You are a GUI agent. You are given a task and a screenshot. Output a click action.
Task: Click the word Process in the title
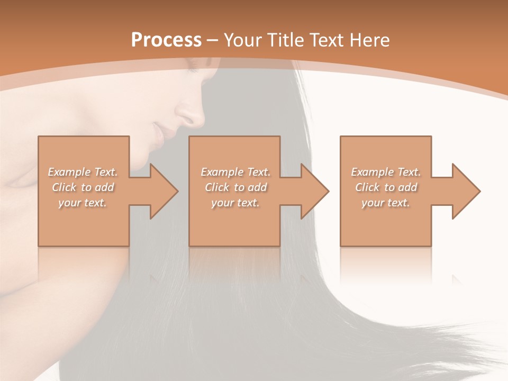pyautogui.click(x=166, y=40)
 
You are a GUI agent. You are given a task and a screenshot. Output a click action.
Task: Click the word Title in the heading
pyautogui.click(x=284, y=40)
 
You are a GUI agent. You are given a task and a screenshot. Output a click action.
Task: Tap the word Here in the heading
pyautogui.click(x=370, y=40)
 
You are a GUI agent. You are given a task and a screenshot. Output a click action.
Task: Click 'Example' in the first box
pyautogui.click(x=68, y=172)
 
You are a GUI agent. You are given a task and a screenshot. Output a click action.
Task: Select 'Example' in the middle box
pyautogui.click(x=221, y=172)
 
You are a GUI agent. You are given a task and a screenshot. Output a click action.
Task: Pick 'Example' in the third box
pyautogui.click(x=371, y=172)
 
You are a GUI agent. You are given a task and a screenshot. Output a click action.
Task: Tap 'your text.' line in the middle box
pyautogui.click(x=235, y=203)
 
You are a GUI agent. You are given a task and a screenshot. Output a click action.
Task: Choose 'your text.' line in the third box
pyautogui.click(x=385, y=203)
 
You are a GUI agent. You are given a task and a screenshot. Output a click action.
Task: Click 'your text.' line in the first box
pyautogui.click(x=83, y=203)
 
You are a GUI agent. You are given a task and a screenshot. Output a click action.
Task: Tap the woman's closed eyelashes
pyautogui.click(x=193, y=69)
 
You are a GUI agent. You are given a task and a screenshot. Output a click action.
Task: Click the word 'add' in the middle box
pyautogui.click(x=257, y=187)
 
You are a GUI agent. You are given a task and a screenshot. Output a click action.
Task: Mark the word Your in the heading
pyautogui.click(x=243, y=40)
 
